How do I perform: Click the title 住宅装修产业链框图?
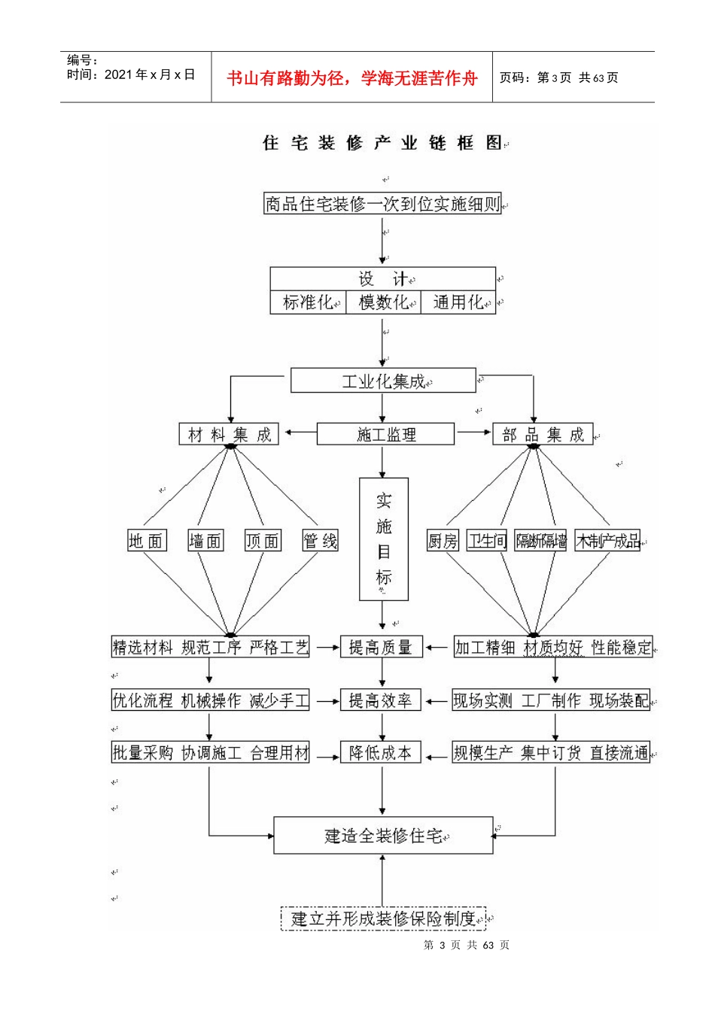(x=382, y=143)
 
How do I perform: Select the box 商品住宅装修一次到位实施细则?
(x=382, y=204)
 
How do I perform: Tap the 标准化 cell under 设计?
(x=308, y=302)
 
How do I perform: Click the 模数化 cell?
(x=383, y=302)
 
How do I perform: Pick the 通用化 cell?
(x=458, y=302)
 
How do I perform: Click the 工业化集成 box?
(x=383, y=381)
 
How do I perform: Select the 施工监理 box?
(x=385, y=434)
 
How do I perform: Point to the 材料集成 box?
(x=229, y=434)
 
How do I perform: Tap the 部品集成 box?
(x=543, y=435)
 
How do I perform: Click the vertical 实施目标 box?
(x=384, y=539)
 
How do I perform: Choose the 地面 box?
(x=146, y=541)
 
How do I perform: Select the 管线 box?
(x=320, y=541)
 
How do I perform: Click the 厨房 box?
(x=443, y=541)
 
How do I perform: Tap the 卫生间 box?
(x=487, y=541)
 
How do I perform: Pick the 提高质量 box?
(x=381, y=647)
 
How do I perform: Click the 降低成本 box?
(x=381, y=753)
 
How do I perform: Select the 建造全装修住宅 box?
(x=383, y=836)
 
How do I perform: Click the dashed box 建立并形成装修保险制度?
(x=383, y=918)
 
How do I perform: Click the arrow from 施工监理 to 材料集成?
(x=298, y=433)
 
